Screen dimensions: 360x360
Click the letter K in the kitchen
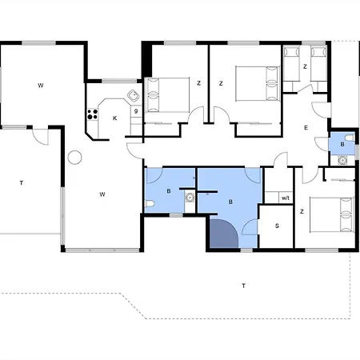115,118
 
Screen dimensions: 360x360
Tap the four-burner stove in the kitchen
93,114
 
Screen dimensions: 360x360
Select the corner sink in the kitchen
134,96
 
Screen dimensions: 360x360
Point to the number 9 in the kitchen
136,111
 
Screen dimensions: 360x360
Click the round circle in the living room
74,158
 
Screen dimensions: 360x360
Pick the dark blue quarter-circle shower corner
223,234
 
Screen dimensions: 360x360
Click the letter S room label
277,226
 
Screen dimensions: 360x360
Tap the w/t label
286,198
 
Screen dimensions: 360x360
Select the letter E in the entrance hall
306,128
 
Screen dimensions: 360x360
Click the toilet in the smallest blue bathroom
350,138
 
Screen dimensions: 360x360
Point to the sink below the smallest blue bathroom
342,161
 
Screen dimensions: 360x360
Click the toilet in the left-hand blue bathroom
150,204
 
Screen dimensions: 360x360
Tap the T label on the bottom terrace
243,286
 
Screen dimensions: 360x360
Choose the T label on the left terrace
22,183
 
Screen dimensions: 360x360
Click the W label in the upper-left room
41,86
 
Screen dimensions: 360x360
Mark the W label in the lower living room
102,194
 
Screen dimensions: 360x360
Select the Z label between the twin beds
305,66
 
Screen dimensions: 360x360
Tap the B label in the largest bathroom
230,202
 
